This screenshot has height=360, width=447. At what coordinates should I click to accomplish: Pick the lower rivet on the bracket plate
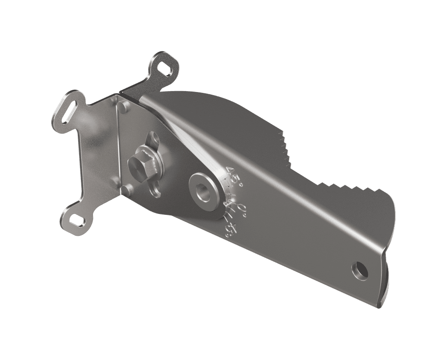(127, 190)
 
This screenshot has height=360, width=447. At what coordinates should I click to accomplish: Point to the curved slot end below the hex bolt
(156, 193)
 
